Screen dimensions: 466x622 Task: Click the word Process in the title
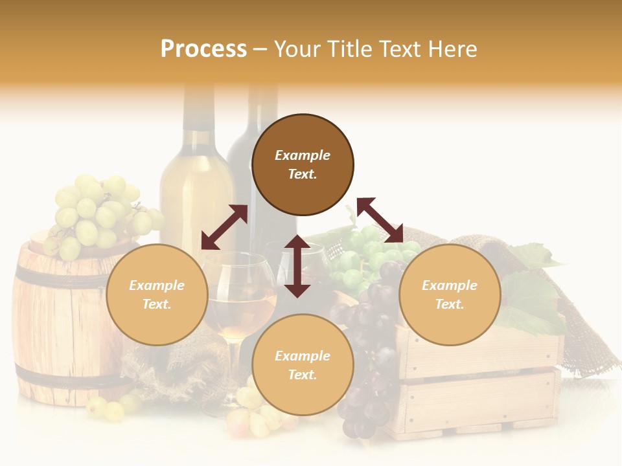click(x=203, y=49)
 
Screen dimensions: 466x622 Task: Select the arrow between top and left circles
click(x=224, y=227)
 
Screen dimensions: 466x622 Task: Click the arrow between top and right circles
click(x=380, y=220)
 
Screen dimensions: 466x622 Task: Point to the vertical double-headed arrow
click(x=297, y=266)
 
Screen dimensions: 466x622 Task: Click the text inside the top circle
click(x=303, y=164)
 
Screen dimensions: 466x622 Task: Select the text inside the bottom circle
click(x=303, y=365)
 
